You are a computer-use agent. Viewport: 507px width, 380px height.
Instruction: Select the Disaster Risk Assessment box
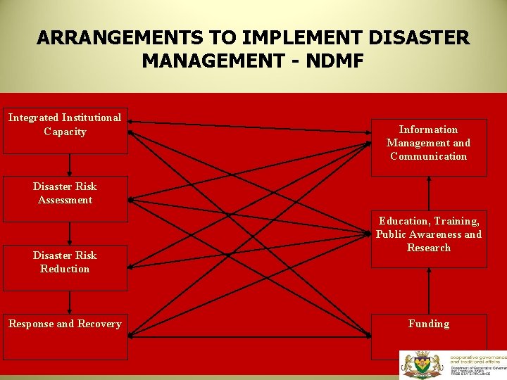click(65, 198)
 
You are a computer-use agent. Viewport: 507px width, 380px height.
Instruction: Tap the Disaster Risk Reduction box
click(65, 267)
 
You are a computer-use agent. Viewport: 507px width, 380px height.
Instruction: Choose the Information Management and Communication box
click(428, 147)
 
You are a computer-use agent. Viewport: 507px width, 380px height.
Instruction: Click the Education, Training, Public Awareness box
click(428, 239)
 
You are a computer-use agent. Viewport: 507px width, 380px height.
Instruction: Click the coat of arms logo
click(421, 365)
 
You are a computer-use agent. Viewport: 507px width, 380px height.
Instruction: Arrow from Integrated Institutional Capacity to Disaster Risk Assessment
click(69, 165)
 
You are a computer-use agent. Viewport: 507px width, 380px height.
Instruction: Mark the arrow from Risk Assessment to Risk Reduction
click(69, 234)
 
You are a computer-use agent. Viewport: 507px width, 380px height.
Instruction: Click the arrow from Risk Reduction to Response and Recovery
click(69, 303)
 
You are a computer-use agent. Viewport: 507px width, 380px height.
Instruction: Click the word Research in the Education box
click(428, 248)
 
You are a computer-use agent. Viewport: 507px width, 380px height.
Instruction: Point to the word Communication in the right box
click(428, 156)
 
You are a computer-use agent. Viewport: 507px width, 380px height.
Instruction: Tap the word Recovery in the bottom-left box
click(99, 324)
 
